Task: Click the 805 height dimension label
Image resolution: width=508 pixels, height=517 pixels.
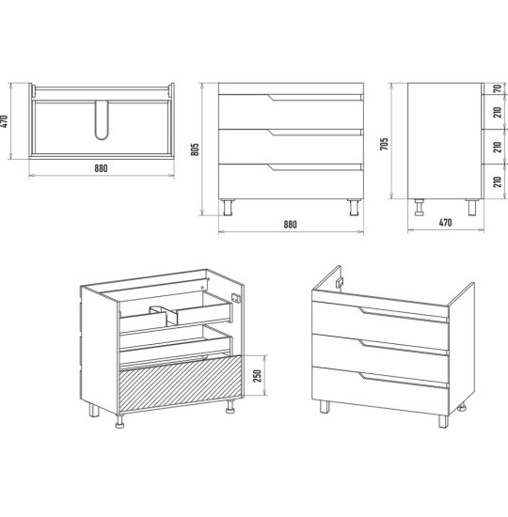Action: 195,149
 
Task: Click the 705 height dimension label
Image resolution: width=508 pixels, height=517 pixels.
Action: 384,144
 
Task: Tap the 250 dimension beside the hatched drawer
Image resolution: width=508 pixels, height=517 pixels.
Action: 257,376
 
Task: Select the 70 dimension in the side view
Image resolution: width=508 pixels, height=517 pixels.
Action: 498,88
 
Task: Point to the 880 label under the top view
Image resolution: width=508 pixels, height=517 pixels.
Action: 101,168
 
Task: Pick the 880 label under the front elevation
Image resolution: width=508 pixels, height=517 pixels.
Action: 290,225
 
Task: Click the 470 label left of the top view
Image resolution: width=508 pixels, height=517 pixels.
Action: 4,121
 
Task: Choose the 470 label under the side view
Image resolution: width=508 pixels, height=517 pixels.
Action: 445,223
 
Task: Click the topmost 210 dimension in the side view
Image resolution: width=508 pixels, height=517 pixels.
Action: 498,112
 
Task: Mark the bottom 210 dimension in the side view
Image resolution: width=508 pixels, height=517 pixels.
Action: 498,182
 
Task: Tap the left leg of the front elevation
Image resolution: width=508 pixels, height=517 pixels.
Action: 228,207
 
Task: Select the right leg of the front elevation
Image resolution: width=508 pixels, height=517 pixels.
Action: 355,207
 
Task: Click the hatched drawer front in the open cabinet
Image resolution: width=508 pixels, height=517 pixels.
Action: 181,384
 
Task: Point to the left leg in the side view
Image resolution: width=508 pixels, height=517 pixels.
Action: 420,208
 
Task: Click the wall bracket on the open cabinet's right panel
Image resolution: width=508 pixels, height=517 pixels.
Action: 236,298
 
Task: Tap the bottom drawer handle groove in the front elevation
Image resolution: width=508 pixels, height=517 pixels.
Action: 315,167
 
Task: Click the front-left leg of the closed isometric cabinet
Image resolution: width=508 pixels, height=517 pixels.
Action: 325,406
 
